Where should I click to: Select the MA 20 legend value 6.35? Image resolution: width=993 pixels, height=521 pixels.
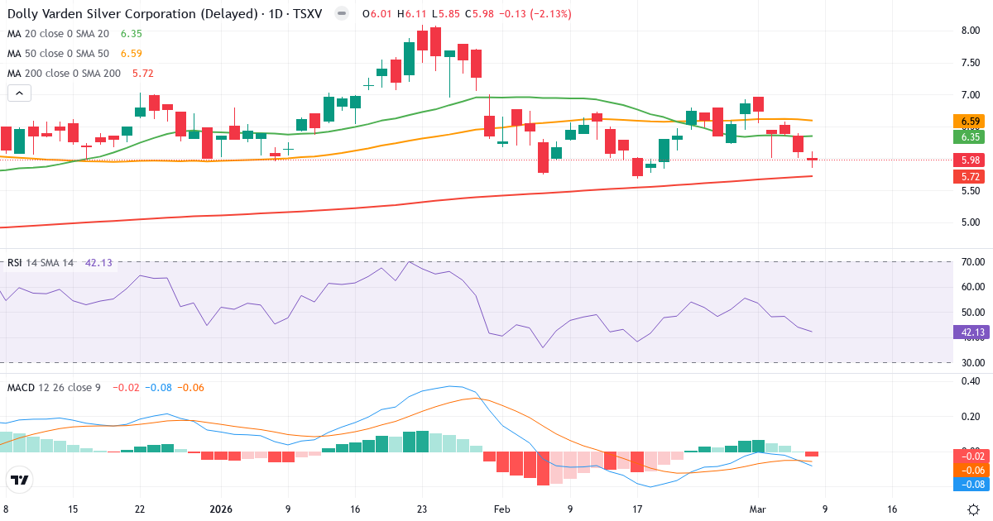coord(131,34)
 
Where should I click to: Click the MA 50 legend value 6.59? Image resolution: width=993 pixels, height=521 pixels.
coord(131,54)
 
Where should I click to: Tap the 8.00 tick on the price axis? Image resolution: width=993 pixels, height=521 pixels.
coord(971,31)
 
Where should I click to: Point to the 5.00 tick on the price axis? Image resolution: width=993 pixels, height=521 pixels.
coord(971,222)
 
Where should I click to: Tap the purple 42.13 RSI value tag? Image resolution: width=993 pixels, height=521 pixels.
coord(971,332)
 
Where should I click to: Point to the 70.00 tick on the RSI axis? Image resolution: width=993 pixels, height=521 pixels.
coord(971,262)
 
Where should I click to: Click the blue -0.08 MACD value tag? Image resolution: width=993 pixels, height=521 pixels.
coord(971,484)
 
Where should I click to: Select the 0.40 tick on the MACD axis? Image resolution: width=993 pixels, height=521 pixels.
coord(971,381)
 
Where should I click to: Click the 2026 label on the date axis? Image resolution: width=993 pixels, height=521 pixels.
coord(221,509)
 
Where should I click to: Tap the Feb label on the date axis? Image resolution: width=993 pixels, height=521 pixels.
coord(502,509)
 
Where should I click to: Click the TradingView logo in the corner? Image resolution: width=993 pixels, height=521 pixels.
coord(20,480)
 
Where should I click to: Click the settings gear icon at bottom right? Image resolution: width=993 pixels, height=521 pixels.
coord(974,509)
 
